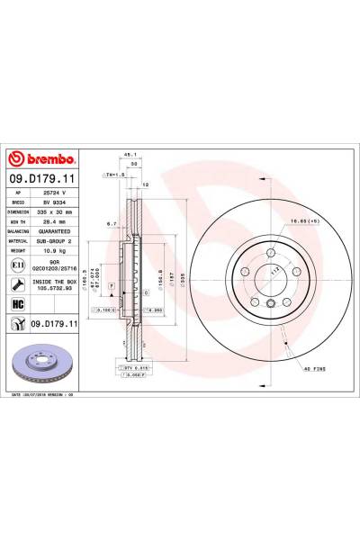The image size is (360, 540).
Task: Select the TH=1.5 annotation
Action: pos(114,173)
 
